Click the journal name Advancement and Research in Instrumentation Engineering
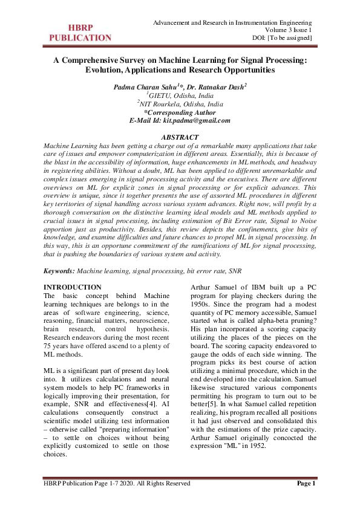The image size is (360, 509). [x=232, y=22]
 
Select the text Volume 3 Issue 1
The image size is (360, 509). [x=289, y=30]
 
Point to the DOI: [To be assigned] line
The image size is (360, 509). [x=281, y=38]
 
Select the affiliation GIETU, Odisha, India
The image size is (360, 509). [x=180, y=96]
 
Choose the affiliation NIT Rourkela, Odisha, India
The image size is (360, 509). [x=180, y=104]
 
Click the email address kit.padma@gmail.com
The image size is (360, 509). [x=197, y=120]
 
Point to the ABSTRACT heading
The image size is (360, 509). [x=180, y=138]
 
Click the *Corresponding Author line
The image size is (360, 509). [x=180, y=112]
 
